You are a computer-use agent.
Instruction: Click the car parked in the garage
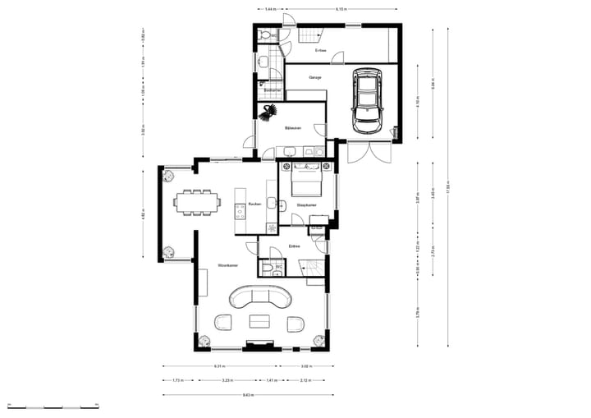coord(366,100)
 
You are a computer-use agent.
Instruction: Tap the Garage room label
coord(315,77)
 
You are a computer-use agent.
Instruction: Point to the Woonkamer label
coord(227,266)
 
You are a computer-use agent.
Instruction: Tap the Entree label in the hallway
coord(294,246)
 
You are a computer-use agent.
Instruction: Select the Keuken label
coord(254,204)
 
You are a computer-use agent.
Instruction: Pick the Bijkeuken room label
coord(293,129)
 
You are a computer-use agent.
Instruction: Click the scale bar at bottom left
coord(53,407)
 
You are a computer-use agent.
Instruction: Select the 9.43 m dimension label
coord(245,395)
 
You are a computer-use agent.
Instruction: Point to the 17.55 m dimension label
coord(449,184)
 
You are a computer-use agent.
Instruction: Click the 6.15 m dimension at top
coord(340,9)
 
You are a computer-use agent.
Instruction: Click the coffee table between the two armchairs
coord(259,322)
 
